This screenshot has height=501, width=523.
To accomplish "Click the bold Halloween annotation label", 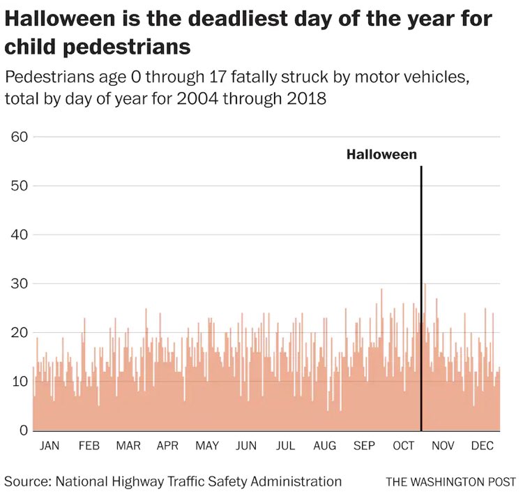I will pyautogui.click(x=381, y=155).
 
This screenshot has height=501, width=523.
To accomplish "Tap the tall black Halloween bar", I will pyautogui.click(x=421, y=300).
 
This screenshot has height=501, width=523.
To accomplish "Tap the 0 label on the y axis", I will pyautogui.click(x=22, y=431).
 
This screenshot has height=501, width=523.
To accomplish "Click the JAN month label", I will pyautogui.click(x=50, y=446).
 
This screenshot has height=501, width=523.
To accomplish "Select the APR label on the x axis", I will pyautogui.click(x=167, y=446).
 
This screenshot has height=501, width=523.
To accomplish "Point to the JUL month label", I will pyautogui.click(x=285, y=446).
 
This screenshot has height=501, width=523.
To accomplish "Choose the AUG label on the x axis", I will pyautogui.click(x=324, y=446).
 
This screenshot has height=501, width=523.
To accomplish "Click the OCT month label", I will pyautogui.click(x=403, y=446).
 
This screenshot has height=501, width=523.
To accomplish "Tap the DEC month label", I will pyautogui.click(x=482, y=446).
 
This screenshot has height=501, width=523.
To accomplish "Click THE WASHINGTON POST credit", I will pyautogui.click(x=450, y=482).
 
